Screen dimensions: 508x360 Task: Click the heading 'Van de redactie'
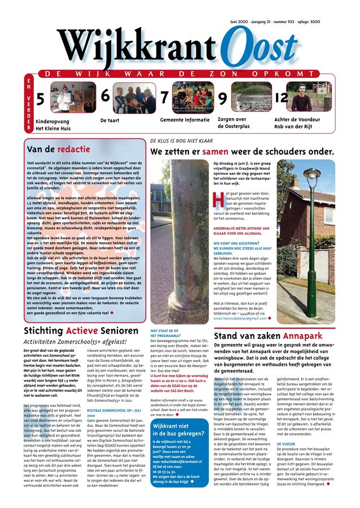[x=58, y=150]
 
